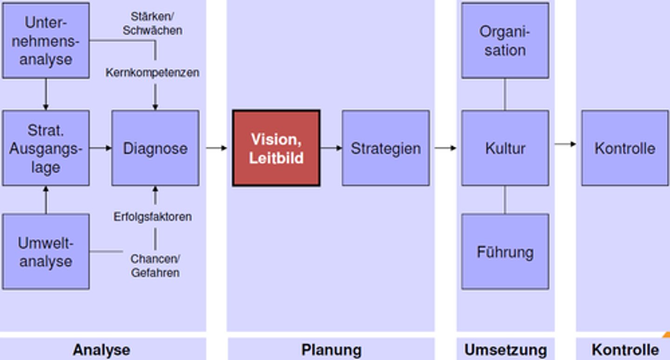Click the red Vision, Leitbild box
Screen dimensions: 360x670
point(276,148)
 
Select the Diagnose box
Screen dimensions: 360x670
point(155,148)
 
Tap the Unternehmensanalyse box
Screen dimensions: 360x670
point(46,40)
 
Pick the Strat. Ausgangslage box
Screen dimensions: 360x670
point(46,148)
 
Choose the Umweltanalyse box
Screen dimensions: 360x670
point(46,252)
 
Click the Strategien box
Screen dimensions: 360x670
point(386,148)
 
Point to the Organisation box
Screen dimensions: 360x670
point(505,40)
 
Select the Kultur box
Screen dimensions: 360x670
point(505,148)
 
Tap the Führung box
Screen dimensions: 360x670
point(505,252)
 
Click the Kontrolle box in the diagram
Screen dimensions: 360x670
point(624,148)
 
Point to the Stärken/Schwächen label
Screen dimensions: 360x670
point(152,23)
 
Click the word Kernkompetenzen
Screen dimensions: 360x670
point(152,73)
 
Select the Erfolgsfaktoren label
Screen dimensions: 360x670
point(153,217)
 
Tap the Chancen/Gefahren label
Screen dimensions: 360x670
point(155,266)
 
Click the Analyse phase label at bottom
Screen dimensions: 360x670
point(101,350)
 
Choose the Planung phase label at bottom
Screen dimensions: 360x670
point(331,350)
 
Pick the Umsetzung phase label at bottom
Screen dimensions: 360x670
point(505,350)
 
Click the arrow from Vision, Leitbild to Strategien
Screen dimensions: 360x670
point(331,148)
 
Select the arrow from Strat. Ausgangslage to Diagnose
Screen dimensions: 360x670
point(100,148)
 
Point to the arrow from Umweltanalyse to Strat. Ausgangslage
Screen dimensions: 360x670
point(46,200)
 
